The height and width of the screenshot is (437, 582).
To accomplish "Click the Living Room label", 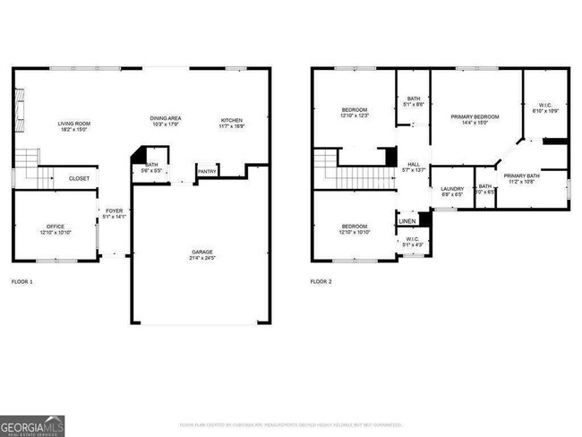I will (74, 124).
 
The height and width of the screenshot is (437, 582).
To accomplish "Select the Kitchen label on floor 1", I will (232, 120).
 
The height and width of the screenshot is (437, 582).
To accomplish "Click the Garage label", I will (201, 252).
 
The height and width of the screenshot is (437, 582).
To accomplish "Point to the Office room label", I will (56, 227).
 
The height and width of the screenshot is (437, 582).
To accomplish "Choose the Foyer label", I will (114, 211).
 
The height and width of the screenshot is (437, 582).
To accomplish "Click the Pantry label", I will (207, 171).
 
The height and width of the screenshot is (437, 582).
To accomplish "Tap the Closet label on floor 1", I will (79, 178).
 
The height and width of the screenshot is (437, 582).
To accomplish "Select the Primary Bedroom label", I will (475, 117).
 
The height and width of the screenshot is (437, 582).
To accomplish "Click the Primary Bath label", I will (520, 176).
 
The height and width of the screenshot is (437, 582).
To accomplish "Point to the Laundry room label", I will (452, 189).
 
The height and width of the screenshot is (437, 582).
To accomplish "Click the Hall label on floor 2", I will (414, 165).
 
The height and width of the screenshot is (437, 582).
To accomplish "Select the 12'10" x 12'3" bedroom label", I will (355, 112).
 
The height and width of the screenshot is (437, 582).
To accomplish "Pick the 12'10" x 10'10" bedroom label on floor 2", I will (355, 227).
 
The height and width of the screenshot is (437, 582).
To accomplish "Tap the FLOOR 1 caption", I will (21, 282).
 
